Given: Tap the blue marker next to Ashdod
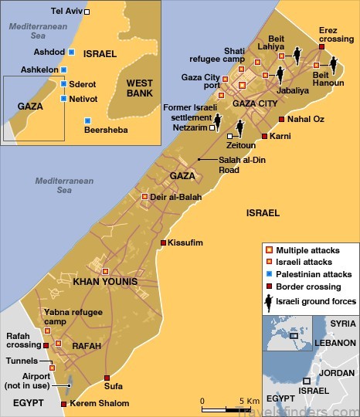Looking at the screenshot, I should click(71, 51).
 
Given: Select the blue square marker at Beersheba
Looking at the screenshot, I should click(87, 120).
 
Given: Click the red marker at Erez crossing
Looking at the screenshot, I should click(321, 48).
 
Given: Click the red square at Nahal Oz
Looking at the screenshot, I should click(281, 119).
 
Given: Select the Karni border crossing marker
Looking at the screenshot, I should click(264, 136).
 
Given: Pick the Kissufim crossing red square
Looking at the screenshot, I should click(163, 242).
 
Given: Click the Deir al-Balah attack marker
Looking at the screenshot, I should click(144, 197).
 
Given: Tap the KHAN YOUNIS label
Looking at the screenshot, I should click(104, 282).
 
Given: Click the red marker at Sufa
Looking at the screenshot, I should click(107, 378).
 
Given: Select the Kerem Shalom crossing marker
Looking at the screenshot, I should click(63, 403).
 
